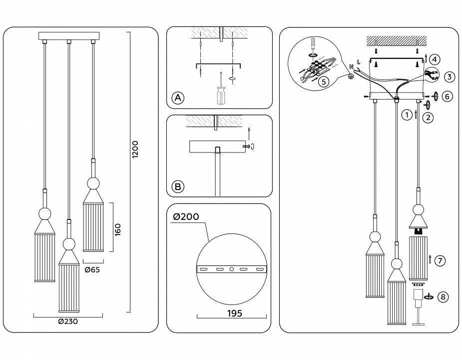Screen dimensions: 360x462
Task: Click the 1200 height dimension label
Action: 135,149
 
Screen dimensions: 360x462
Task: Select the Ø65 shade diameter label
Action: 92,270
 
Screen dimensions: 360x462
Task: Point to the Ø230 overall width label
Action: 68,322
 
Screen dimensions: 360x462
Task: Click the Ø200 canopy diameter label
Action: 186,217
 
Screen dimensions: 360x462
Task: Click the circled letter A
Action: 177,98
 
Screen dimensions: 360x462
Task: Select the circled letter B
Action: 177,187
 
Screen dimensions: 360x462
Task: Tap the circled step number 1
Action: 407,114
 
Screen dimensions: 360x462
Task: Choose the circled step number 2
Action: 428,118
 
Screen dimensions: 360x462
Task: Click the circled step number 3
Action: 449,77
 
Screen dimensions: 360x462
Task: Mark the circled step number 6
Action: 447,96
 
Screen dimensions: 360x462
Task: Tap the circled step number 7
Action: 440,260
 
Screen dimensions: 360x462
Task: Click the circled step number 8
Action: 442,297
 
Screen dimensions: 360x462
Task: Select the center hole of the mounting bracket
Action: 231,269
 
